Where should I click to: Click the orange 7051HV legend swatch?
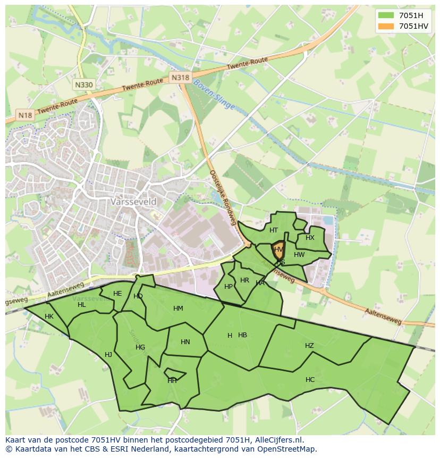click(x=386, y=26)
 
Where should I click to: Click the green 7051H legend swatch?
click(x=386, y=15)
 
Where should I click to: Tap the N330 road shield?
click(x=83, y=85)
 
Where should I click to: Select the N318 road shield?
click(x=180, y=78)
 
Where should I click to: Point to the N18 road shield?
click(x=25, y=115)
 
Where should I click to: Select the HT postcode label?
click(x=274, y=230)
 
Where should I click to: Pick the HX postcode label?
click(x=310, y=238)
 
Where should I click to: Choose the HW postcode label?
click(x=299, y=255)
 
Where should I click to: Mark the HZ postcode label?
click(x=309, y=346)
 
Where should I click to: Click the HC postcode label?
click(x=310, y=380)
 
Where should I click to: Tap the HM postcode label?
click(x=178, y=309)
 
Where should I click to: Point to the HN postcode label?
click(x=185, y=342)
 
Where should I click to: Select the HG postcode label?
click(x=140, y=347)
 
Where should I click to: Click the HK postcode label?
click(x=49, y=317)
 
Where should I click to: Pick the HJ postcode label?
click(x=108, y=355)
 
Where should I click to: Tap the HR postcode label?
click(x=244, y=280)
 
